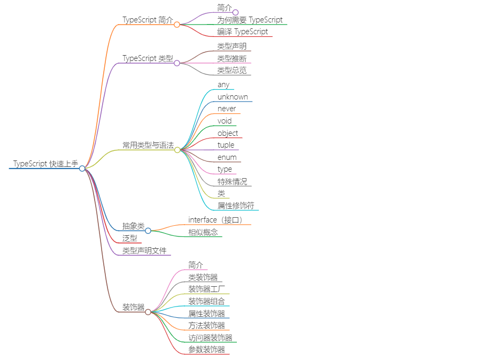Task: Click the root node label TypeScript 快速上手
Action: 45,164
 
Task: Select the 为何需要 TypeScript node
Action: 250,20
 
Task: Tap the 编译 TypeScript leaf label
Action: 242,32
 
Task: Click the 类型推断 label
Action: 232,58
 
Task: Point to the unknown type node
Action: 233,97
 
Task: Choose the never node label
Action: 227,109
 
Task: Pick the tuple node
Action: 226,145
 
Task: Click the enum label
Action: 227,157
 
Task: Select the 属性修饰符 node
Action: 235,205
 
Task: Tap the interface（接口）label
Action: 217,220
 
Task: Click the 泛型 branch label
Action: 129,238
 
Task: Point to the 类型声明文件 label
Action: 144,250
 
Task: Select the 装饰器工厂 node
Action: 206,289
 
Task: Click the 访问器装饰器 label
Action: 210,338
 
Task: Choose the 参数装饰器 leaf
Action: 206,349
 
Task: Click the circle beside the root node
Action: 82,168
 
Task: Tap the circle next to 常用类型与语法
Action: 177,150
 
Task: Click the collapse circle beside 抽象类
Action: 148,231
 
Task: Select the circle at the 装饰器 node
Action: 148,312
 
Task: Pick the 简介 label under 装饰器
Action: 196,265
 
